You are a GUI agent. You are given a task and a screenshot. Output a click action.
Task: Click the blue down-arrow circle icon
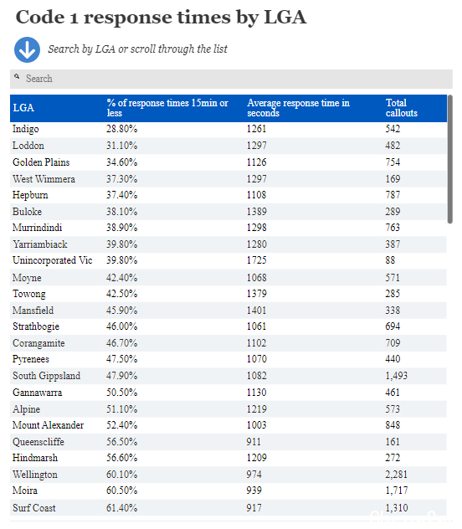27,49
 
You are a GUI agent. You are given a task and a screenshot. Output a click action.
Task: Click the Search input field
231,79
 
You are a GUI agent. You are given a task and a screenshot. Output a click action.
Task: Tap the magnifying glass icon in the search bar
17,77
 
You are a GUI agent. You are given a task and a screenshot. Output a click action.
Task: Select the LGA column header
23,108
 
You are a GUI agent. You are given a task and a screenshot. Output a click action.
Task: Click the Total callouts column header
401,108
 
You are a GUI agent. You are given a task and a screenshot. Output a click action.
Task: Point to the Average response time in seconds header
298,108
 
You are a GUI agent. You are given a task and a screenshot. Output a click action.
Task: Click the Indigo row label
26,129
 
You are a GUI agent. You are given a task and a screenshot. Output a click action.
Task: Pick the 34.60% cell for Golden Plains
121,162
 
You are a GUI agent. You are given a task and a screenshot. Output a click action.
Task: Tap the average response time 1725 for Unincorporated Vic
256,260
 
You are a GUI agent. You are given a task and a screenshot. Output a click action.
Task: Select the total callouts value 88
390,260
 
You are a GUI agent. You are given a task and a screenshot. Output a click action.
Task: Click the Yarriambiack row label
40,244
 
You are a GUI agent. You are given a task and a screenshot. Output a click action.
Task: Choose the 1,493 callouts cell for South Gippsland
396,376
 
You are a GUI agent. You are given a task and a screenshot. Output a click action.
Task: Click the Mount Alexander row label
48,425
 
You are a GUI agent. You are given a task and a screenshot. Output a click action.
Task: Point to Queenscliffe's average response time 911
254,442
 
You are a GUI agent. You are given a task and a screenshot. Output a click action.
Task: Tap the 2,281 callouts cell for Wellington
396,475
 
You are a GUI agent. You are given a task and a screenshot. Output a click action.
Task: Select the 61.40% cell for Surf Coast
121,508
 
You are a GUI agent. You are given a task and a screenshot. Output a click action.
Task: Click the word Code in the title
40,17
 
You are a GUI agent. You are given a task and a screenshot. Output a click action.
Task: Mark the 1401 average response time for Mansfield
256,311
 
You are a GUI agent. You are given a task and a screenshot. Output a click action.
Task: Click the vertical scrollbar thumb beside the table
449,159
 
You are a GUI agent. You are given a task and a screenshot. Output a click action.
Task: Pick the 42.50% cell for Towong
121,294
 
